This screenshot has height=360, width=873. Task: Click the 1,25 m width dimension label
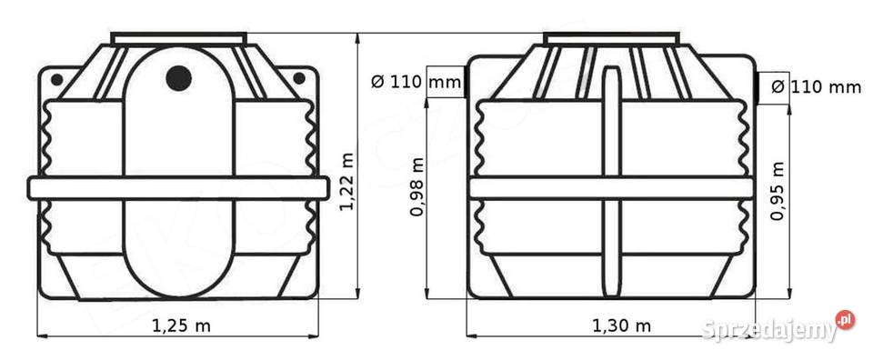(x=182, y=325)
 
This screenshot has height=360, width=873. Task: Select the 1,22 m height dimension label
(x=346, y=182)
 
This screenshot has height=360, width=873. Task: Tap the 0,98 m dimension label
(x=417, y=187)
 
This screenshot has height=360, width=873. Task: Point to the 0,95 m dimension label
(x=778, y=191)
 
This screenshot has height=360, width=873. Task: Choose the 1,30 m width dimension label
(x=621, y=325)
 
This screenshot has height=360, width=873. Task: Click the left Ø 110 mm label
(x=416, y=83)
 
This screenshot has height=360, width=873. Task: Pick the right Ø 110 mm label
(x=817, y=86)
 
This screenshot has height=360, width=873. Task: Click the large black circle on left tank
(x=179, y=78)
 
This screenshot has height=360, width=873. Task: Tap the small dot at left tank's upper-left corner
(x=56, y=80)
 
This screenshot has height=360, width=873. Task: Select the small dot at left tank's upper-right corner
(x=299, y=78)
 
